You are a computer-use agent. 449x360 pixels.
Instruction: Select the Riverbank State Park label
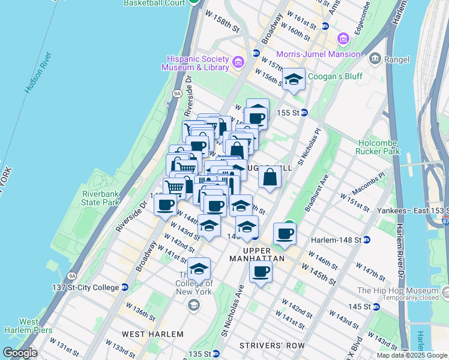click(101, 198)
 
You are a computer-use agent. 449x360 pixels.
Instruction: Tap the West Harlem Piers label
click(22, 326)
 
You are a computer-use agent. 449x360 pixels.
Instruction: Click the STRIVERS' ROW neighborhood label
click(272, 346)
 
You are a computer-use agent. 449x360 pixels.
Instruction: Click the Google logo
click(20, 353)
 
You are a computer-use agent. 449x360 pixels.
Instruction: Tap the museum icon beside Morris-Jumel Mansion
click(343, 40)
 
